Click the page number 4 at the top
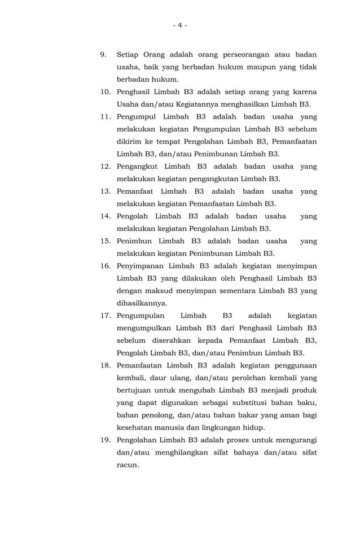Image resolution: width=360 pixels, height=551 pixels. tap(179, 25)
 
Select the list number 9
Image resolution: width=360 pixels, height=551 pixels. tap(104, 55)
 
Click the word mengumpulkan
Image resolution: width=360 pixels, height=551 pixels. tap(143, 328)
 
